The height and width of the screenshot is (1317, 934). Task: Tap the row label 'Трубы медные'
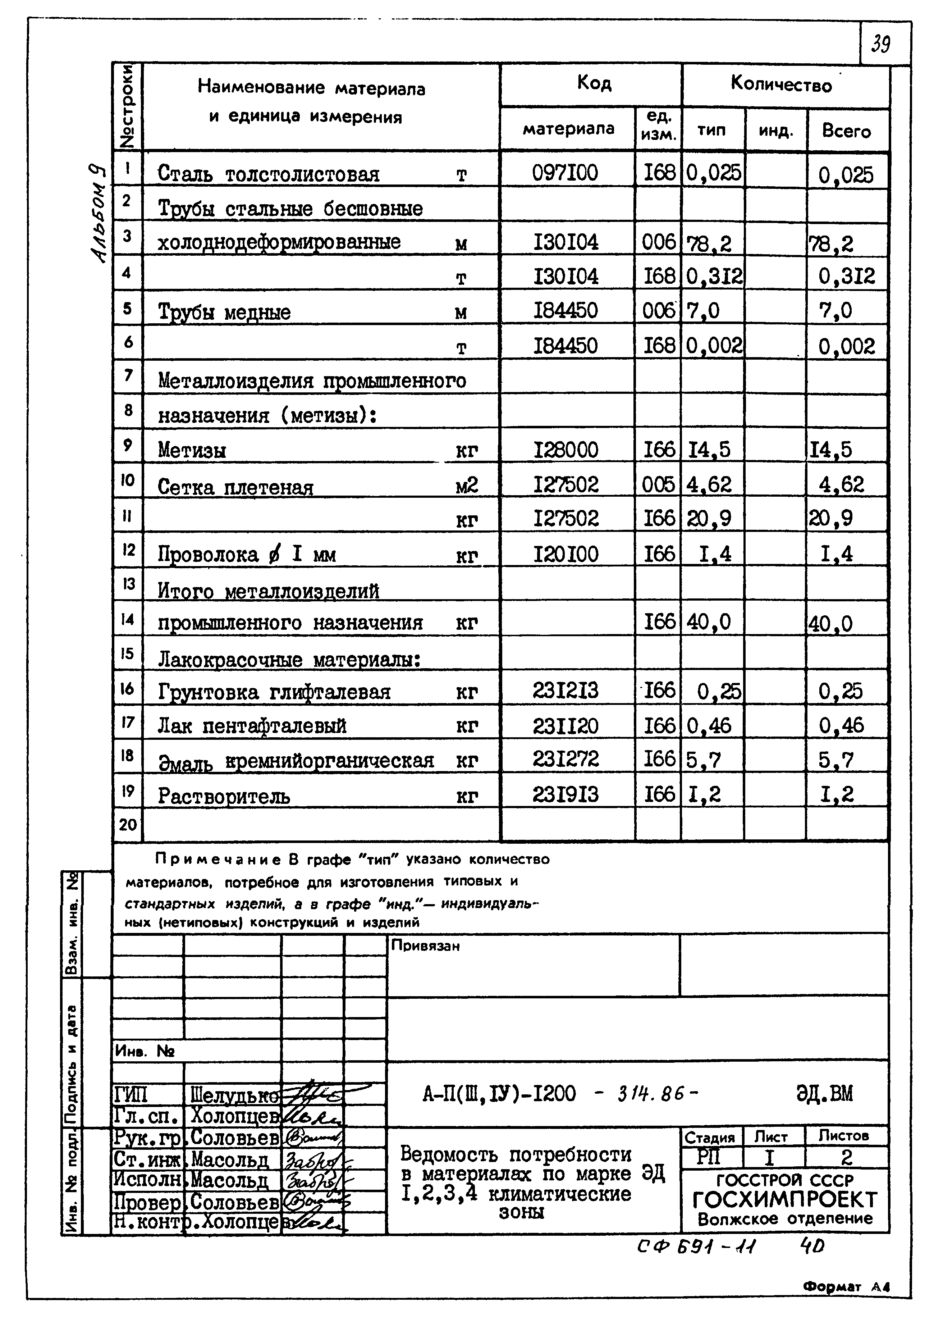tap(224, 313)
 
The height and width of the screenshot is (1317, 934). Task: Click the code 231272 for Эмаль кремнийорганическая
tap(566, 760)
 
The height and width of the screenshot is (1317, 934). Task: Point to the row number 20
tap(128, 825)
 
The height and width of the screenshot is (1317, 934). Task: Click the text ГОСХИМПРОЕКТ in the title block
tap(784, 1200)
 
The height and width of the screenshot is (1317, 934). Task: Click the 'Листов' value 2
tap(846, 1157)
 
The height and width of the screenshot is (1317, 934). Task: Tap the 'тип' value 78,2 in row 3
tap(709, 244)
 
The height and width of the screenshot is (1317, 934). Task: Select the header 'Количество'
tap(781, 85)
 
